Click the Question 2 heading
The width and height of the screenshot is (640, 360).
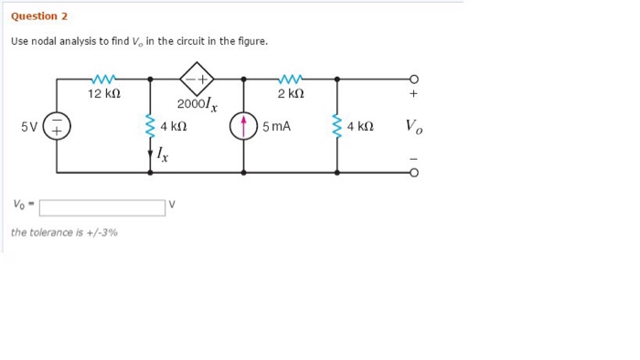[39, 16]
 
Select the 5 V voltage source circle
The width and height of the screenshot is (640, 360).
[57, 127]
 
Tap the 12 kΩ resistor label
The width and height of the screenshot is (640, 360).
[103, 94]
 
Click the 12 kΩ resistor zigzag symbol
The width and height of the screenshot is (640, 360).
[103, 79]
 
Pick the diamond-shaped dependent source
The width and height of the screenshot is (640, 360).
[197, 79]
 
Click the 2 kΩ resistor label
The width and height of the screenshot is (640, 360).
[290, 94]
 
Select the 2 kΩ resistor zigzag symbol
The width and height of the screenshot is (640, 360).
[290, 79]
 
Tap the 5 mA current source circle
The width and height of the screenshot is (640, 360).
[243, 127]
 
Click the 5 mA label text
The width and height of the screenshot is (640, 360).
[276, 127]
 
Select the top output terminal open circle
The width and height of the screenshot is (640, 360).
[413, 79]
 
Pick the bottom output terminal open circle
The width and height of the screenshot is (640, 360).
[413, 172]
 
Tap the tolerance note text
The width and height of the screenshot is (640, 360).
[64, 232]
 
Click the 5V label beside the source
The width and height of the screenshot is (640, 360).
[29, 127]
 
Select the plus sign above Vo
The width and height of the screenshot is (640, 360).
[413, 94]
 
